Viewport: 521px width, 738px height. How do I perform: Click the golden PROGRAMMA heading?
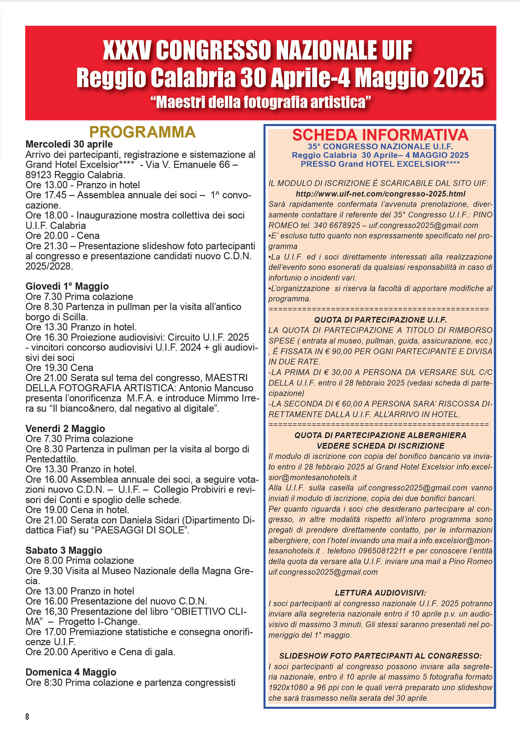tap(142, 132)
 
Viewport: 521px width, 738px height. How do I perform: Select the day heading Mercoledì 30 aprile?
tap(69, 144)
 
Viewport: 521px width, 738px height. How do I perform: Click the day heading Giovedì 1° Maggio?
tap(67, 286)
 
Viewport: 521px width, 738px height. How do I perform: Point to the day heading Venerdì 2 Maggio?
tap(65, 429)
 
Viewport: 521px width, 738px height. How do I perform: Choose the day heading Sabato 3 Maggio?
tap(64, 550)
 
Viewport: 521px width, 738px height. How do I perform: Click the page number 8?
tap(27, 717)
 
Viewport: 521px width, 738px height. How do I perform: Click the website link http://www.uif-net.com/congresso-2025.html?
tap(381, 194)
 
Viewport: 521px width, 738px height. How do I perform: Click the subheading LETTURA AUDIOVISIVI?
tap(381, 593)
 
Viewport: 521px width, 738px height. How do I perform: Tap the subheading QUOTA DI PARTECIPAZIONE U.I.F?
tap(381, 320)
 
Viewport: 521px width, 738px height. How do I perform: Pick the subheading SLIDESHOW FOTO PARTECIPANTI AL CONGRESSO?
tap(381, 656)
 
